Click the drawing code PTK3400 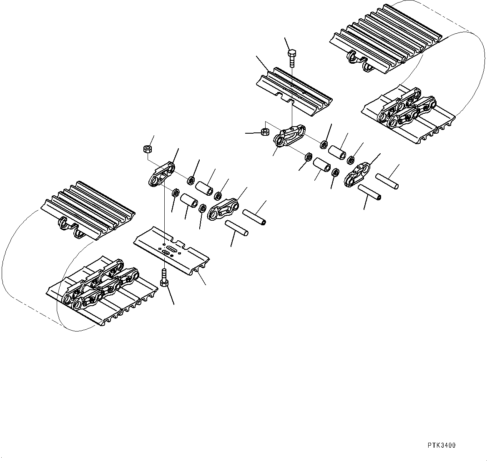pos(441,445)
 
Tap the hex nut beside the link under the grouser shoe pos(264,132)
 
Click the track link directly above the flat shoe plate pos(161,174)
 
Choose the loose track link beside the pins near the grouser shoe pos(357,174)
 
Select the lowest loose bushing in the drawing pos(190,201)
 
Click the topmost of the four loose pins pos(387,181)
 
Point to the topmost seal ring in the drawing pos(324,145)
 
